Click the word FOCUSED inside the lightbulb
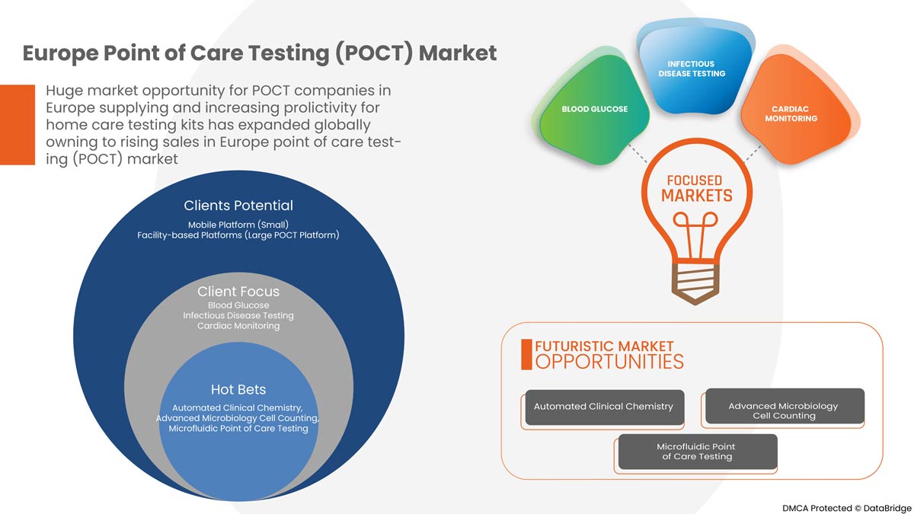[695, 180]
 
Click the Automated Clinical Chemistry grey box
[603, 407]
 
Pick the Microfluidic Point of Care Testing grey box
[695, 452]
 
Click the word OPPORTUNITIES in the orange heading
[609, 361]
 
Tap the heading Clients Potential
[238, 206]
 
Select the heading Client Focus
[238, 292]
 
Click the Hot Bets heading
[238, 390]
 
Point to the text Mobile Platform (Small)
[238, 225]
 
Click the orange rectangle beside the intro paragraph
[18, 124]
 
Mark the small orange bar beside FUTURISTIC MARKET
[526, 355]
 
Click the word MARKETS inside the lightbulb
[695, 196]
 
